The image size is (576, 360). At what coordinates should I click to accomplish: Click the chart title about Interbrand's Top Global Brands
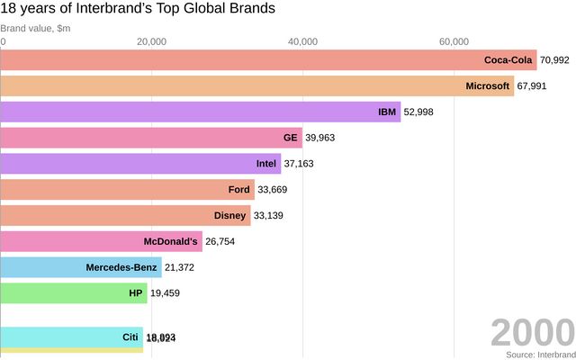[x=138, y=10]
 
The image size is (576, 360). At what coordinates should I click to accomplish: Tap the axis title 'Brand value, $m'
[x=37, y=28]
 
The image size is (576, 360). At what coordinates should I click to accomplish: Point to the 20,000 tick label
[x=152, y=42]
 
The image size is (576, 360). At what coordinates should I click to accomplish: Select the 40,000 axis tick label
[x=303, y=42]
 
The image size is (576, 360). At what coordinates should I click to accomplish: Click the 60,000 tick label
[x=454, y=42]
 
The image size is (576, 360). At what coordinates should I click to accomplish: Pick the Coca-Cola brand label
[x=508, y=60]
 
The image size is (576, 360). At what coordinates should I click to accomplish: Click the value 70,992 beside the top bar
[x=554, y=60]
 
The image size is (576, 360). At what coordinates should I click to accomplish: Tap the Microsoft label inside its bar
[x=488, y=86]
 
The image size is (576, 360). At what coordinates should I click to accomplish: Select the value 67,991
[x=532, y=86]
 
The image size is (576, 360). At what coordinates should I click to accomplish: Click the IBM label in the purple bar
[x=387, y=112]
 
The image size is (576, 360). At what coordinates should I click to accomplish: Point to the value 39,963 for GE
[x=321, y=138]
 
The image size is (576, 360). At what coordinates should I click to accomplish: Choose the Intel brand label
[x=267, y=164]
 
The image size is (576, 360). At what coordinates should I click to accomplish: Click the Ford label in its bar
[x=238, y=190]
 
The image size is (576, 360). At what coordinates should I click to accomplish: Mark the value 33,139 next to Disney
[x=272, y=216]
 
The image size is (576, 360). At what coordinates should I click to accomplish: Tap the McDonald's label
[x=170, y=242]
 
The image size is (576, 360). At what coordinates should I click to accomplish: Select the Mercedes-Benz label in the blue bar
[x=121, y=267]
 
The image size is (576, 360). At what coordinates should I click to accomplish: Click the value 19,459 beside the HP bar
[x=168, y=293]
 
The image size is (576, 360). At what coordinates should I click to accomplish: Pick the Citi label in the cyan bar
[x=130, y=337]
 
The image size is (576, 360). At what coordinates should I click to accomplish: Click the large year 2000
[x=531, y=333]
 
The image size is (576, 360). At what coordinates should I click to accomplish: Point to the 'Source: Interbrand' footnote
[x=539, y=355]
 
